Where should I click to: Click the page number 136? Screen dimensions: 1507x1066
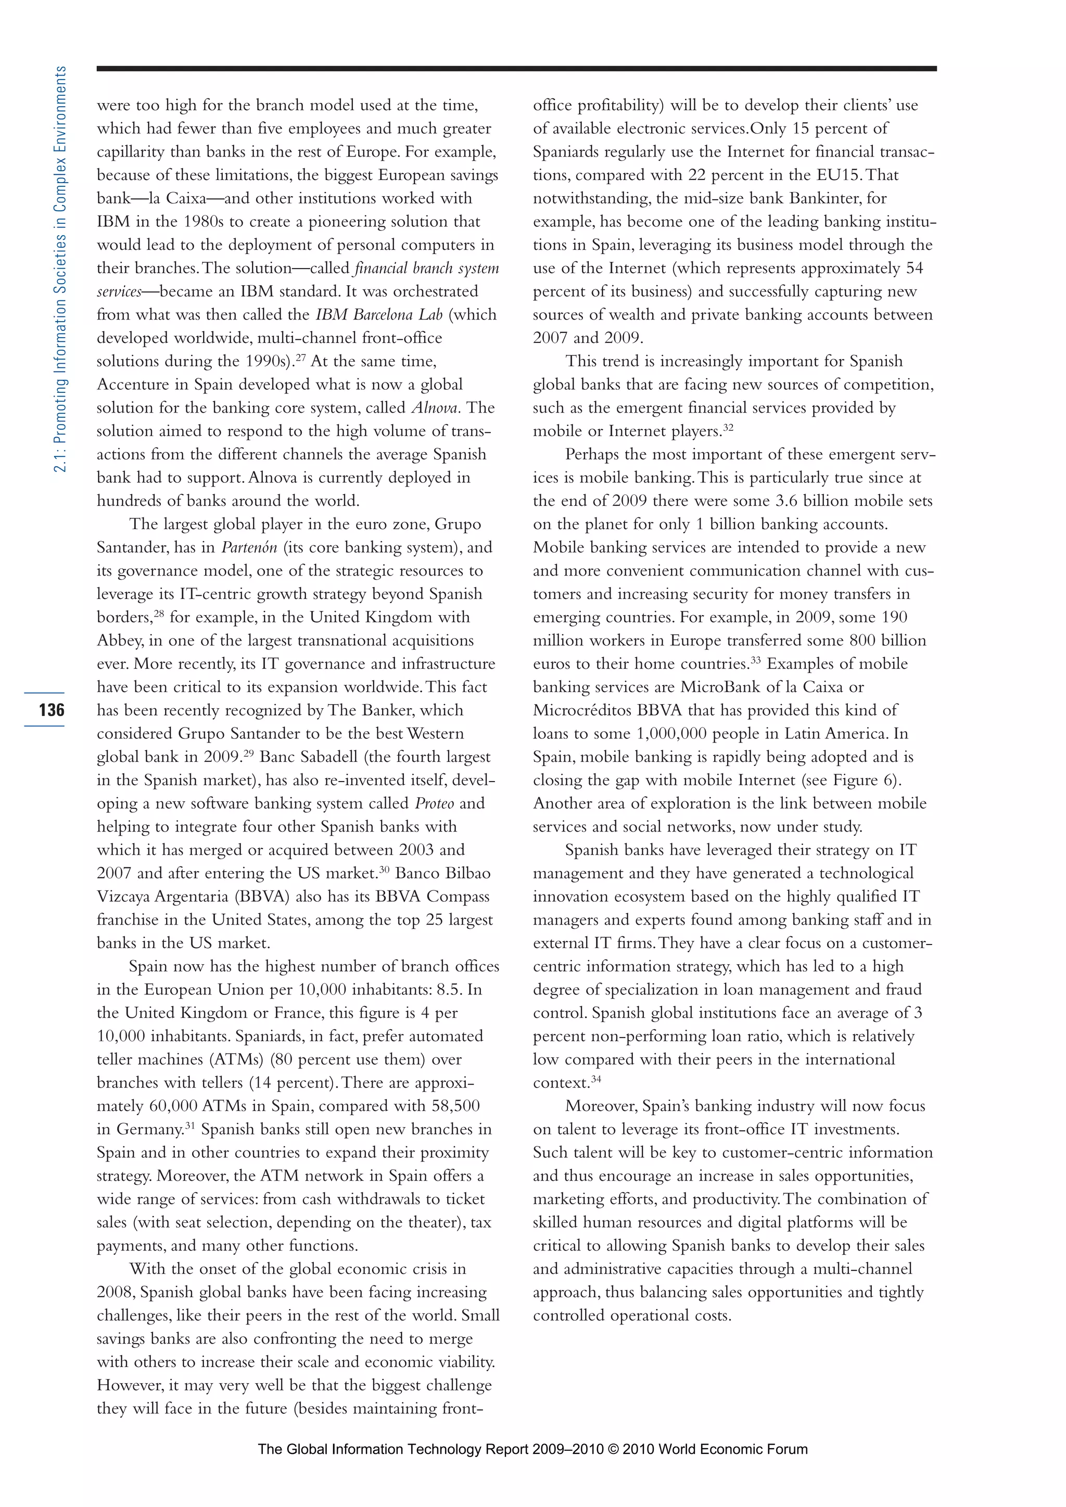click(51, 709)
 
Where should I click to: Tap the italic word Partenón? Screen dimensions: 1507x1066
click(249, 547)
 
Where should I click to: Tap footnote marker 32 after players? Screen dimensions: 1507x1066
click(728, 427)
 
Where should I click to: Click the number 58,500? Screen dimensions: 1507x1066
click(455, 1106)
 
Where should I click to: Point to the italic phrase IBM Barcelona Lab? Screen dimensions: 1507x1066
click(379, 314)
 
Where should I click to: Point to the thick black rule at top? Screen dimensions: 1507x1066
click(516, 68)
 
